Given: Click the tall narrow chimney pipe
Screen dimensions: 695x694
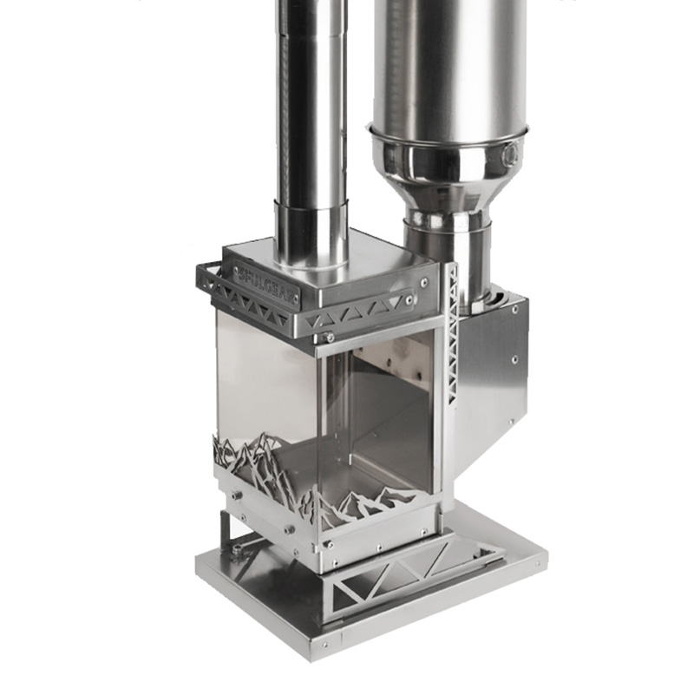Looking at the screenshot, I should [311, 104].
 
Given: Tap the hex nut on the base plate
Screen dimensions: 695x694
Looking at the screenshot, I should [236, 548].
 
